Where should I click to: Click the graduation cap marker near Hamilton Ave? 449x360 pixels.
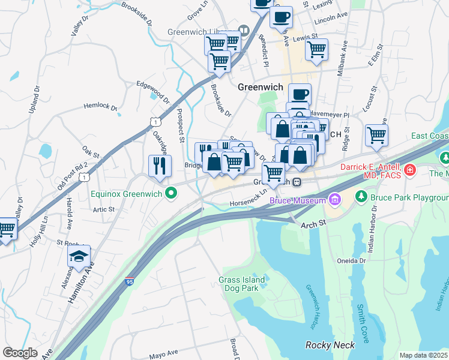[x=79, y=257]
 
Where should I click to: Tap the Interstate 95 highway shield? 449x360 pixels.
[x=129, y=280]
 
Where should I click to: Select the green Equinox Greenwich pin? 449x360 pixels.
[x=171, y=193]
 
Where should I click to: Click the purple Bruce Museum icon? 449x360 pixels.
[x=334, y=198]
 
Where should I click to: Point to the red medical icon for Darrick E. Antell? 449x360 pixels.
[x=411, y=170]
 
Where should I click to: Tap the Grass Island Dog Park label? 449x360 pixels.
[x=246, y=283]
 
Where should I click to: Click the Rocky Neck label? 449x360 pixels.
[x=330, y=345]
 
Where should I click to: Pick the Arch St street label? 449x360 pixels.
[x=313, y=223]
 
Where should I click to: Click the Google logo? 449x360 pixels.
[x=20, y=353]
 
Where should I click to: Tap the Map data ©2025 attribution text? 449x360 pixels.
[x=423, y=355]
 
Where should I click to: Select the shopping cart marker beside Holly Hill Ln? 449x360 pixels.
[x=7, y=229]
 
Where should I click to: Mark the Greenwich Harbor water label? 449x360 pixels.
[x=311, y=307]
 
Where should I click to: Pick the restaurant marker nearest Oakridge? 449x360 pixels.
[x=159, y=166]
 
